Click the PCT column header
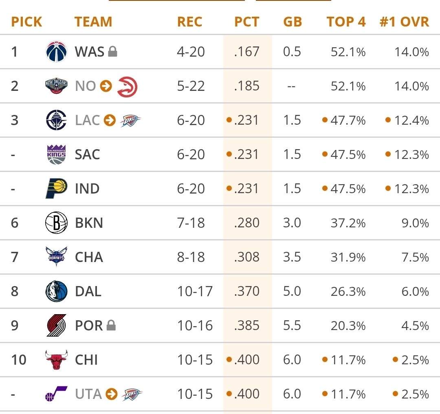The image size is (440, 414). pyautogui.click(x=246, y=22)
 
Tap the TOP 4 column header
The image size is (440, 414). pyautogui.click(x=346, y=22)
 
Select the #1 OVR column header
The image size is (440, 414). pyautogui.click(x=404, y=22)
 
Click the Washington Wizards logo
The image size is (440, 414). pyautogui.click(x=56, y=52)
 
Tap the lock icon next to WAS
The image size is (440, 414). pyautogui.click(x=113, y=52)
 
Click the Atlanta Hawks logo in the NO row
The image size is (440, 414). pyautogui.click(x=128, y=86)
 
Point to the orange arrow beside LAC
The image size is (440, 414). pyautogui.click(x=110, y=121)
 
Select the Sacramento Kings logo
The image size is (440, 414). pyautogui.click(x=56, y=155)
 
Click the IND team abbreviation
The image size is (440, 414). pyautogui.click(x=87, y=189)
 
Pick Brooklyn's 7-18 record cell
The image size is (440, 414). pyautogui.click(x=191, y=223)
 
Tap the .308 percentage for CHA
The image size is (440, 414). pyautogui.click(x=247, y=258)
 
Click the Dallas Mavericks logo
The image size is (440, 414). pyautogui.click(x=56, y=292)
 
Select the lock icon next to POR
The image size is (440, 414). pyautogui.click(x=111, y=326)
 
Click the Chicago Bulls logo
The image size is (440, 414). pyautogui.click(x=56, y=360)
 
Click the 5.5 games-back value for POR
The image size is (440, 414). pyautogui.click(x=292, y=326)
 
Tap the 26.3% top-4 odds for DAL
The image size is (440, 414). pyautogui.click(x=348, y=292)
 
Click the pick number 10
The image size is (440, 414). pyautogui.click(x=19, y=360)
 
